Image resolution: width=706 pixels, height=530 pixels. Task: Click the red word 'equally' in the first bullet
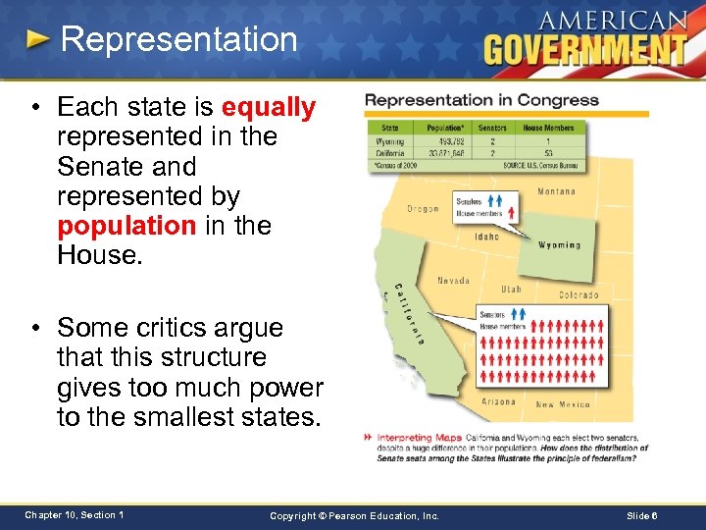click(x=269, y=107)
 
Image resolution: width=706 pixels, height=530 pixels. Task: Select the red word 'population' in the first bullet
click(x=126, y=226)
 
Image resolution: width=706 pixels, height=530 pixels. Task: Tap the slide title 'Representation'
click(x=178, y=39)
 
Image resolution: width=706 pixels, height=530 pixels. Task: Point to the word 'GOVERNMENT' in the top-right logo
click(x=584, y=48)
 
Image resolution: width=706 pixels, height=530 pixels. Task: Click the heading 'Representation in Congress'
click(x=481, y=100)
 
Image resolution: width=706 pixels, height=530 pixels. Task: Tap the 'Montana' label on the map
click(x=557, y=191)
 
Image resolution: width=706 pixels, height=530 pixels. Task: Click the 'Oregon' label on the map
click(x=425, y=208)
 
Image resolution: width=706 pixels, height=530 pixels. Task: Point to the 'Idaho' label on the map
click(x=486, y=237)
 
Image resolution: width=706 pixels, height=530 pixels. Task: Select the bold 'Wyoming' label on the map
click(x=560, y=245)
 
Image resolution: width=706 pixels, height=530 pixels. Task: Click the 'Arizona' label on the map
click(x=499, y=401)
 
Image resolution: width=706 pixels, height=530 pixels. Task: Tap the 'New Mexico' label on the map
click(x=563, y=404)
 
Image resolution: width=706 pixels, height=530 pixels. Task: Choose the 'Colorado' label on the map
click(x=579, y=294)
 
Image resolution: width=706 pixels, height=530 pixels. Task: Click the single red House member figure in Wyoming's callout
click(x=511, y=213)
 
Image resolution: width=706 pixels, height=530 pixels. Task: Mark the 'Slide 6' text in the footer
click(x=641, y=515)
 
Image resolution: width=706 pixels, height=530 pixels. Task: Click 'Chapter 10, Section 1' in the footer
click(x=75, y=515)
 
